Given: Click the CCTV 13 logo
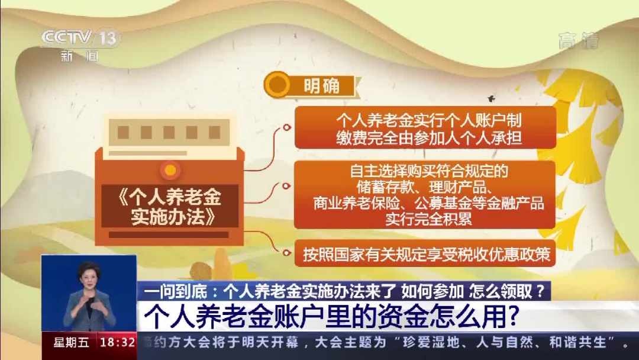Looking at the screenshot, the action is tap(79, 38).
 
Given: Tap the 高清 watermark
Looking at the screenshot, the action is tap(579, 40).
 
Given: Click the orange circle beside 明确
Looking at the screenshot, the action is tap(277, 85).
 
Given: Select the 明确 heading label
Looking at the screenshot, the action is tap(321, 86).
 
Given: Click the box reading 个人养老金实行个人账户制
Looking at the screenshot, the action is tap(425, 128).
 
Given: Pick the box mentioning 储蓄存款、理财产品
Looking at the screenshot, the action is tap(425, 195).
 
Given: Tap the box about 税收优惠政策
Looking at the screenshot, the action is tap(425, 253).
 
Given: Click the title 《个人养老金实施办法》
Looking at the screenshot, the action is tap(170, 207).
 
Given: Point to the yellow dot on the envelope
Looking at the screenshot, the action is tap(170, 170).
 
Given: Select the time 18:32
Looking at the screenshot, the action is tap(118, 342).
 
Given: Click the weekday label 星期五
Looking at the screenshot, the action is tap(71, 342).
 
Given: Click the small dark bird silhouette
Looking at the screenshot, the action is tap(491, 98).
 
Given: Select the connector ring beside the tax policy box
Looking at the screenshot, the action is tap(286, 253).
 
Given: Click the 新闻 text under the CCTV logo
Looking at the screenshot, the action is tap(79, 56).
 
